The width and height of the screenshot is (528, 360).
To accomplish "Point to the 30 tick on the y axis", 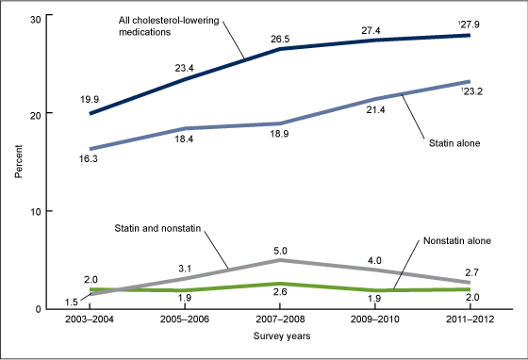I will pos(34,18).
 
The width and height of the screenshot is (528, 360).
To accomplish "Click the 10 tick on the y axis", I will pos(34,211).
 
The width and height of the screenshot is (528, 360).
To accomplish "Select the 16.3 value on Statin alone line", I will pos(91,162).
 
